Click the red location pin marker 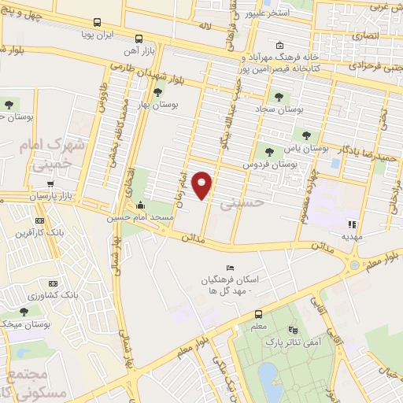[x=203, y=185]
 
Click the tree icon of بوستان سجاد [x=279, y=97]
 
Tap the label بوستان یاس [x=305, y=147]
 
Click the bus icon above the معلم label [x=257, y=312]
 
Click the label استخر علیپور [x=270, y=14]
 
